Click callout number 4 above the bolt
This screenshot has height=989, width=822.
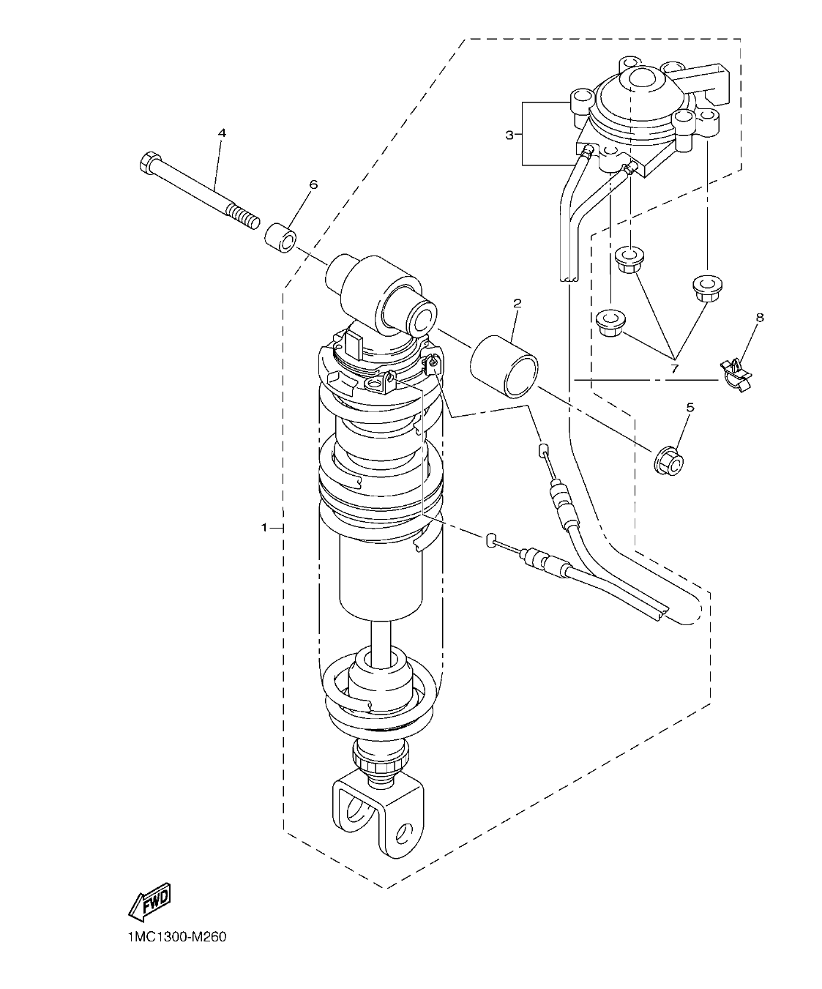[x=222, y=133]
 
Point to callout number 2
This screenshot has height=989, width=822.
[x=517, y=302]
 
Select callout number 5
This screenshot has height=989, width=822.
[x=690, y=406]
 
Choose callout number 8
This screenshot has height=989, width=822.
[x=759, y=318]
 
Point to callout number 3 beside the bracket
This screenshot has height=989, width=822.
[x=510, y=135]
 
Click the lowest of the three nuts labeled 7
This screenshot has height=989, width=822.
[x=610, y=323]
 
